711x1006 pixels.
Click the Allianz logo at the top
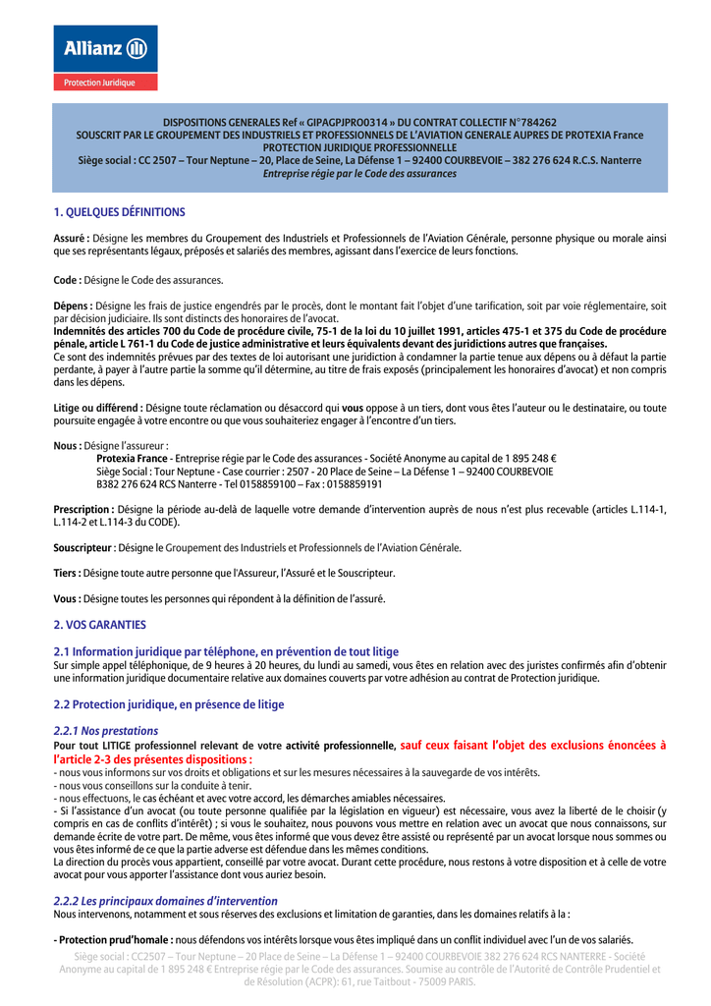[x=105, y=48]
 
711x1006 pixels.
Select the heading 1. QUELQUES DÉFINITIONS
[x=119, y=211]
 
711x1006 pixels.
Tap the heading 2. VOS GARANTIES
[x=99, y=624]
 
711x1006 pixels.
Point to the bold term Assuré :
[x=72, y=238]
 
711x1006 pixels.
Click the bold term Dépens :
[x=74, y=307]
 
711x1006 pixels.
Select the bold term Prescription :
[x=83, y=509]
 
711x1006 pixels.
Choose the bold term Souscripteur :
[x=84, y=547]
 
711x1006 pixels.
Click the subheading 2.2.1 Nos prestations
[x=105, y=731]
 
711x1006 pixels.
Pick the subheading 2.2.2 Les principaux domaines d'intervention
[x=165, y=901]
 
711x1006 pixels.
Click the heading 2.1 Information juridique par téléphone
[x=226, y=651]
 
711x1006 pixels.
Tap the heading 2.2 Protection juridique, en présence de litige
[x=168, y=704]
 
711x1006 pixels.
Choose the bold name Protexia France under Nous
[x=132, y=459]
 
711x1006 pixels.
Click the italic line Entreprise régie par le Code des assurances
[x=359, y=173]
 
